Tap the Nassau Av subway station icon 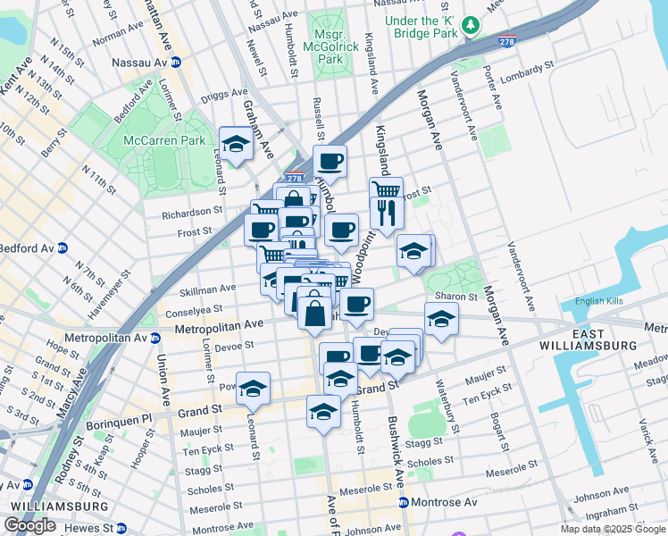click(x=176, y=63)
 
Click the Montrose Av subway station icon click(x=404, y=502)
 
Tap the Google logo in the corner click(x=29, y=526)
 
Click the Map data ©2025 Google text click(x=612, y=529)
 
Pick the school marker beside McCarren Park click(x=236, y=144)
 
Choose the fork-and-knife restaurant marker click(x=387, y=213)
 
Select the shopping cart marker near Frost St click(x=386, y=190)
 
